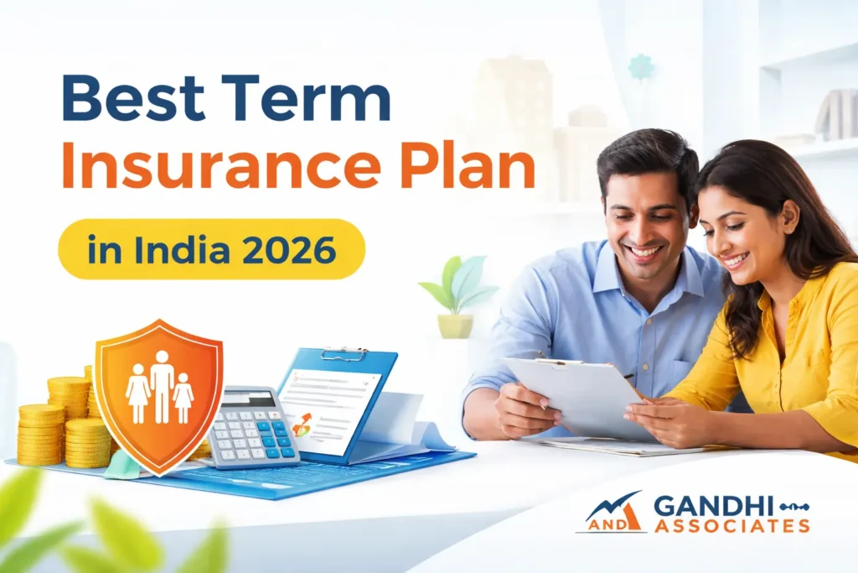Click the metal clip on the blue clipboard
click(x=344, y=354)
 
